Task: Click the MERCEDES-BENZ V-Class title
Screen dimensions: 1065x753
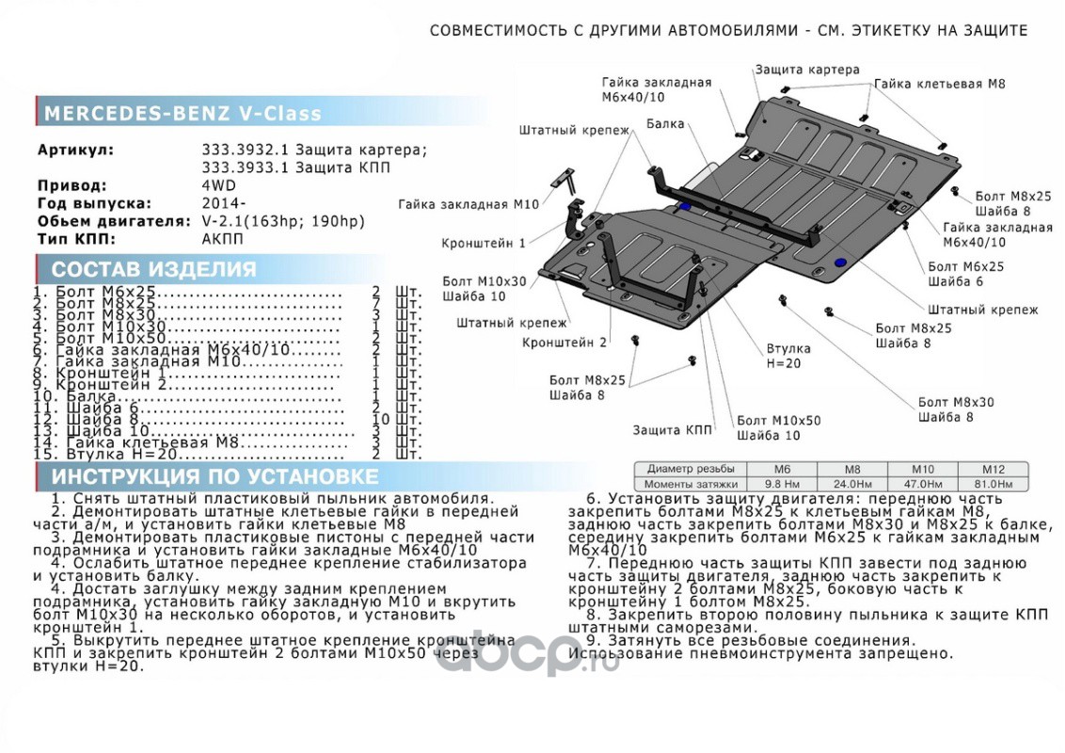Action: point(183,114)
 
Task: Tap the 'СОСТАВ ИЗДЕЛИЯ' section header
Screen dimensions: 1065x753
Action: point(153,269)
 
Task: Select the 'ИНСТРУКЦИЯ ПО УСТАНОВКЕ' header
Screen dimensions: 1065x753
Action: point(215,476)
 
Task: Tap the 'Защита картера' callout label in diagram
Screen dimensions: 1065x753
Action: point(806,70)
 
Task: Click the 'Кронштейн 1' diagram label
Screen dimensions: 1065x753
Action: point(484,244)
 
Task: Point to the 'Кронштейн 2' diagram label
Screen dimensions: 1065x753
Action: point(564,343)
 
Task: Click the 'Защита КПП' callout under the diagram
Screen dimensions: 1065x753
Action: point(672,430)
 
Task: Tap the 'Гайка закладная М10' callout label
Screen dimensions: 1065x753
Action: point(469,204)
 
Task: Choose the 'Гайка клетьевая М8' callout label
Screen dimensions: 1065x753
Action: point(939,84)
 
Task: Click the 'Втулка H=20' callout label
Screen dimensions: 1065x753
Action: point(787,356)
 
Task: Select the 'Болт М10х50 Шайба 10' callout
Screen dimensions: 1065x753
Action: point(778,428)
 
